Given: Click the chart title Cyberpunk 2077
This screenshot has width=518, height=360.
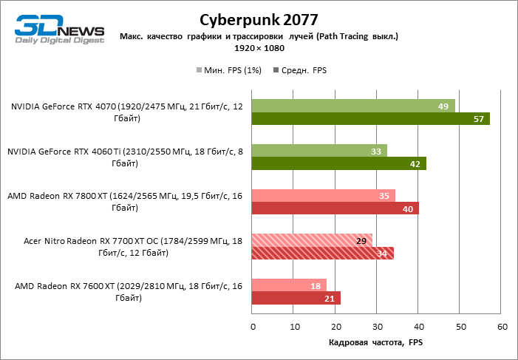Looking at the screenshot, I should [258, 19].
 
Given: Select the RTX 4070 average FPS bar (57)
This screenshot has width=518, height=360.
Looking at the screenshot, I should [370, 119].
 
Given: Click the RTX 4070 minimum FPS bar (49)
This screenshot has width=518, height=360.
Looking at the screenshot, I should [353, 106].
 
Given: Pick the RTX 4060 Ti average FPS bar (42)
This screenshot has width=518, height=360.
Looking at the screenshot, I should [339, 164].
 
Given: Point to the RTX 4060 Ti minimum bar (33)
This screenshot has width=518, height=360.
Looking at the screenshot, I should [320, 152].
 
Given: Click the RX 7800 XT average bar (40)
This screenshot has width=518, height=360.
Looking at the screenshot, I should [335, 208].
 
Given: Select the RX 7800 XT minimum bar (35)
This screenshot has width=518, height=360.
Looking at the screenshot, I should [324, 196].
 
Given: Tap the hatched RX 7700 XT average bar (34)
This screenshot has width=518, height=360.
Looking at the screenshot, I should [322, 254].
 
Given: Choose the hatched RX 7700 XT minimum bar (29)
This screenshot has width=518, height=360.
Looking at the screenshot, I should [312, 241].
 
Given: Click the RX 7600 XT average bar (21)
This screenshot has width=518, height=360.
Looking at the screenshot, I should [296, 299].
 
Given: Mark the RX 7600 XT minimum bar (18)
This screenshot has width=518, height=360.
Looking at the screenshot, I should [289, 286].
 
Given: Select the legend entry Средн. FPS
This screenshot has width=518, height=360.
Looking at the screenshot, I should [300, 70].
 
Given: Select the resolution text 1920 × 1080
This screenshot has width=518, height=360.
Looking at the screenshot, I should [259, 48].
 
